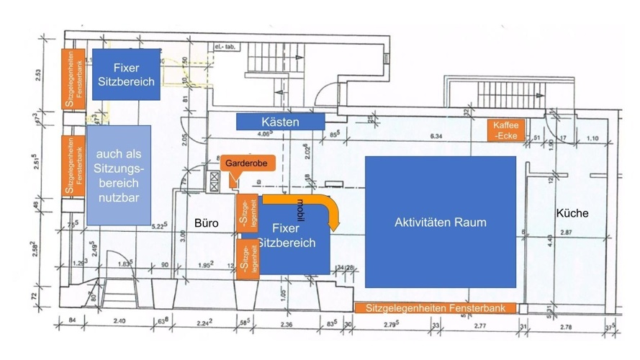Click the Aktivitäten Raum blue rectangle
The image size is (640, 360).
coord(440,222)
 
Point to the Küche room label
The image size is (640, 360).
coord(572,213)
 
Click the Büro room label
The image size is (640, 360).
coord(206,224)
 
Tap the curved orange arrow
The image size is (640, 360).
coord(328,208)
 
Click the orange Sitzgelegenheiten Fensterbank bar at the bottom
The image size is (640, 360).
coord(436,308)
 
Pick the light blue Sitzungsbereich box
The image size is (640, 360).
coord(119,175)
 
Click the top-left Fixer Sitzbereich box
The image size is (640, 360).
coord(127,74)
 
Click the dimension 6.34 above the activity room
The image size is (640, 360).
coord(436,136)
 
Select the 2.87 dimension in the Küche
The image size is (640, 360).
coord(569,234)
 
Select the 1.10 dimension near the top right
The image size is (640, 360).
coord(592,139)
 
